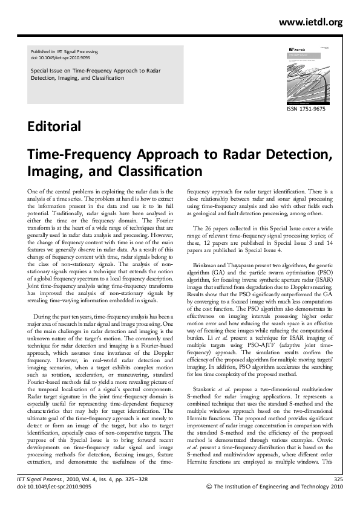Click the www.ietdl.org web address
click(x=310, y=22)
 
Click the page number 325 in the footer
click(x=338, y=479)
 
